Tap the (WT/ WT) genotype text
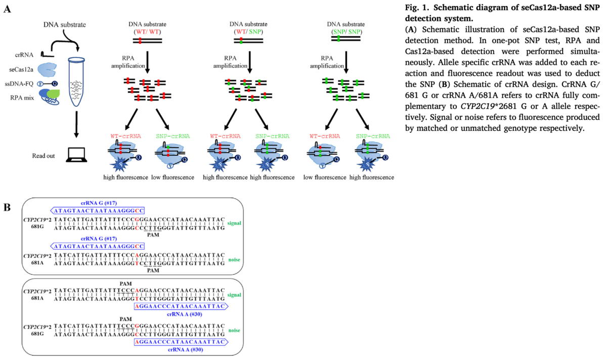[x=148, y=32]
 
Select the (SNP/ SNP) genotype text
[x=345, y=31]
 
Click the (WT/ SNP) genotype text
[x=247, y=32]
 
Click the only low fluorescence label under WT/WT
[x=174, y=177]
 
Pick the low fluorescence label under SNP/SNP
[x=322, y=177]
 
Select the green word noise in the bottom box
[x=234, y=329]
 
